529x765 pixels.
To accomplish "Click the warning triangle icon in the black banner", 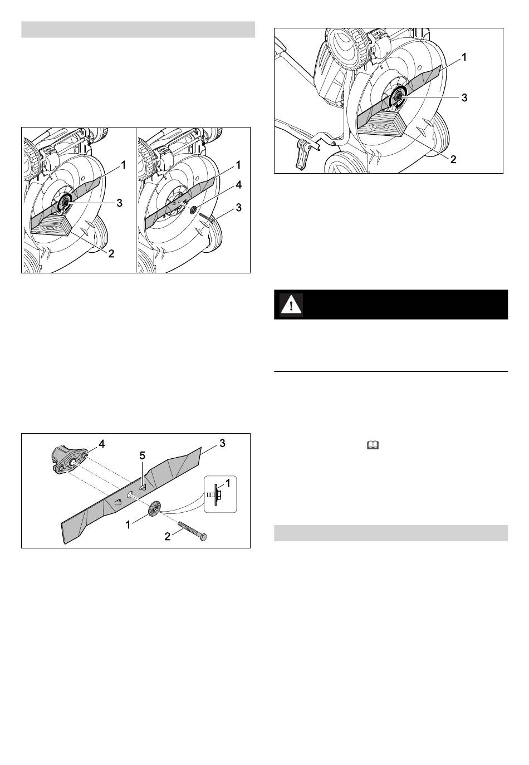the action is (x=291, y=305).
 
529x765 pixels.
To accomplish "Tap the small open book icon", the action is (x=373, y=445).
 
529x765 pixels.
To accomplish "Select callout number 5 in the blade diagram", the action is (x=143, y=455).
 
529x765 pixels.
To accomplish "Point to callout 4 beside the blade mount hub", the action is (x=101, y=444).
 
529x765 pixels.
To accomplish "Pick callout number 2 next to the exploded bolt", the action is (x=168, y=537).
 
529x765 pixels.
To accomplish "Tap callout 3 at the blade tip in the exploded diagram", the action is (x=222, y=443).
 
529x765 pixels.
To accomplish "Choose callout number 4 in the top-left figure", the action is (x=238, y=185).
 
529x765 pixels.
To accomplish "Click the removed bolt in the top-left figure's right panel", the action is (x=205, y=218).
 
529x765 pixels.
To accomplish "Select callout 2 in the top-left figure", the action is (x=111, y=253).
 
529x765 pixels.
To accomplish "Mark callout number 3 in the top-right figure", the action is (x=464, y=97).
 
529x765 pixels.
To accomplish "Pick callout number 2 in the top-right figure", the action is (x=453, y=159).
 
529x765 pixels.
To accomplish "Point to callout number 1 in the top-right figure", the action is (x=464, y=57).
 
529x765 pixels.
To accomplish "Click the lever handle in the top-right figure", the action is (x=303, y=153).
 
